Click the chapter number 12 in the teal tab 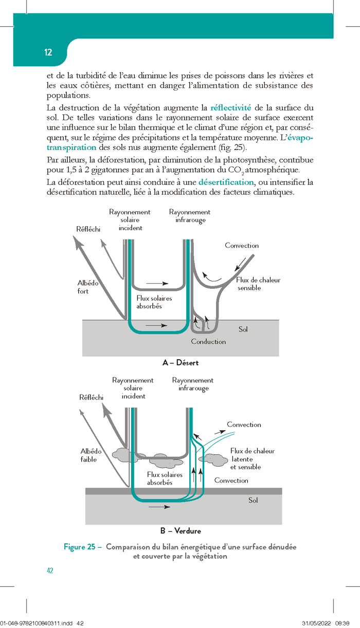48,52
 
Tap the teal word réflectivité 230,107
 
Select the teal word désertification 226,182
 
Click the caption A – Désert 181,363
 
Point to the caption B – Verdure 181,531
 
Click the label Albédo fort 88,287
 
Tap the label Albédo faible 91,455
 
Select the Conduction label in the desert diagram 208,341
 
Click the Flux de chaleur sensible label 258,284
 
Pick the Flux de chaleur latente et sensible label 252,459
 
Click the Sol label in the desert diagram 243,329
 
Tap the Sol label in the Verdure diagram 253,500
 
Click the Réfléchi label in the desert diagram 88,229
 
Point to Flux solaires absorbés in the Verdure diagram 165,478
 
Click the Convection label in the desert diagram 242,246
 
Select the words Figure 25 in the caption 80,547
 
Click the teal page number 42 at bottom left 50,570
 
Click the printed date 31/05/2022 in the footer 316,623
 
